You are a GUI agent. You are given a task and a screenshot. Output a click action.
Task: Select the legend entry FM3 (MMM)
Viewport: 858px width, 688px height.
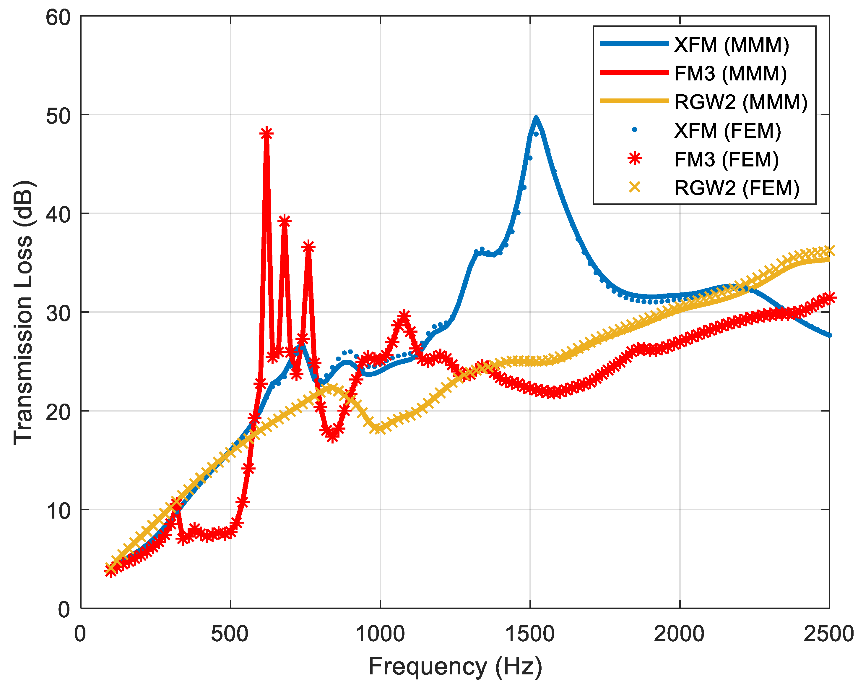pyautogui.click(x=730, y=73)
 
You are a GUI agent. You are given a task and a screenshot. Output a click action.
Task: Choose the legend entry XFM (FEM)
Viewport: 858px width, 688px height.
pyautogui.click(x=727, y=131)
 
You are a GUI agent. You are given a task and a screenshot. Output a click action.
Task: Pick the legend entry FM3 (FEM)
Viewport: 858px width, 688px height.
pyautogui.click(x=726, y=159)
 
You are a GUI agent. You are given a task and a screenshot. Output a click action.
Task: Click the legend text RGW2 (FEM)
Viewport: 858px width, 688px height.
pyautogui.click(x=737, y=188)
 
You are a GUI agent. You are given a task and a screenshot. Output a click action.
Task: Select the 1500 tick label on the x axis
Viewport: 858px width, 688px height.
pyautogui.click(x=530, y=634)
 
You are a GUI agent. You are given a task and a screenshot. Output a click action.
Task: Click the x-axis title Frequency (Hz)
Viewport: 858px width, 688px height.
pyautogui.click(x=455, y=666)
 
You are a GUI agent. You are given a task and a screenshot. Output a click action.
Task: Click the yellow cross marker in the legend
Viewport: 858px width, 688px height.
pyautogui.click(x=634, y=187)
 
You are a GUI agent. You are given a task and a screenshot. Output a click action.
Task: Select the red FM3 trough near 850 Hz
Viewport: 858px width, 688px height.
pyautogui.click(x=333, y=436)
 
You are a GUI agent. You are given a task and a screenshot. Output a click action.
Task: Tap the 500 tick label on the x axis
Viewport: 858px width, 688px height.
pyautogui.click(x=230, y=634)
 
